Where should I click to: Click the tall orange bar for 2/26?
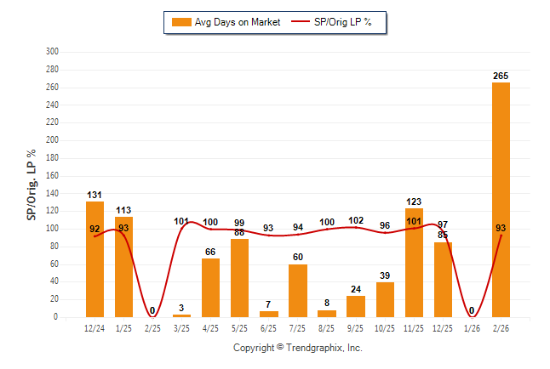click(501, 200)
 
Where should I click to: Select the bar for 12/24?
click(95, 259)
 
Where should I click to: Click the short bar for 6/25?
click(269, 314)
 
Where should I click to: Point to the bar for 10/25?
click(385, 299)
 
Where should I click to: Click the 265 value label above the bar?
click(501, 77)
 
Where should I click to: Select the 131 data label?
click(95, 195)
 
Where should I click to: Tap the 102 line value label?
click(356, 220)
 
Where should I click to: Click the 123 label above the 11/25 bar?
click(414, 202)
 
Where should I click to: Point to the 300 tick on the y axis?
click(52, 51)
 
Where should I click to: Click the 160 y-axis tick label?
click(52, 175)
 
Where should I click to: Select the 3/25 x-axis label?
click(181, 327)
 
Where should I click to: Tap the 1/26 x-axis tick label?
click(472, 327)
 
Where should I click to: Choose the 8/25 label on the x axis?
click(327, 327)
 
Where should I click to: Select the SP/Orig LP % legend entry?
click(333, 22)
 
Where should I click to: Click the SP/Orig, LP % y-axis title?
click(32, 184)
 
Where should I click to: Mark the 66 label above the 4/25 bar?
click(210, 253)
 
